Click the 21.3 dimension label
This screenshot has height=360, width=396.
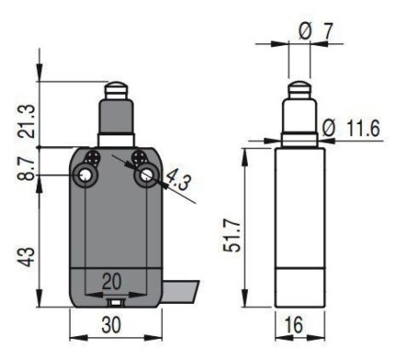[28, 121]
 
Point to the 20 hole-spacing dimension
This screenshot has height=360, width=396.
[111, 282]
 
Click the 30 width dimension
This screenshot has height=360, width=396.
[111, 325]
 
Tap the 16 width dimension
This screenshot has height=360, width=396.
[294, 325]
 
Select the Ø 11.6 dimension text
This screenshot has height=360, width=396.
[352, 128]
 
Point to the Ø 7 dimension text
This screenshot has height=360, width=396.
[316, 31]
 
